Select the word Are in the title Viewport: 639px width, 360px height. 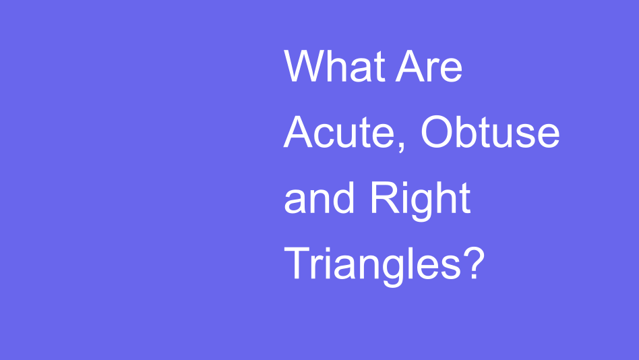pyautogui.click(x=429, y=67)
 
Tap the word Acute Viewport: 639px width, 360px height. pyautogui.click(x=342, y=133)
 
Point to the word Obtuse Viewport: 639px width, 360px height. pyautogui.click(x=490, y=133)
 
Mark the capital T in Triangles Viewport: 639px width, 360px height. pyautogui.click(x=297, y=263)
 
